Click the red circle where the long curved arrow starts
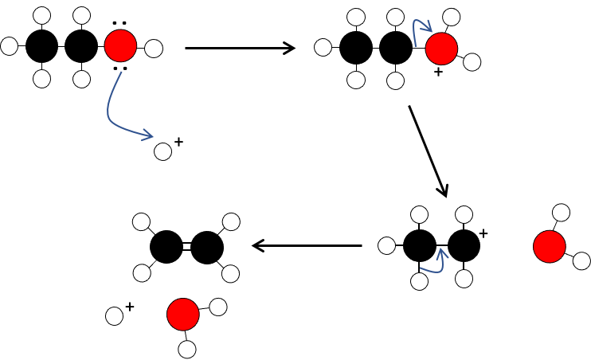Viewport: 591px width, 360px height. [120, 45]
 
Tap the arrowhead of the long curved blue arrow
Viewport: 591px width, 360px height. [148, 136]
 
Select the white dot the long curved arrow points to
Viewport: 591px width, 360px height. [162, 151]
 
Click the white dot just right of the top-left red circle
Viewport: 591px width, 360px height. [154, 49]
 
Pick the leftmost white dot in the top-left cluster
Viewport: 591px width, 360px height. [9, 46]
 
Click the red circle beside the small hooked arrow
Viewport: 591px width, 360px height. [441, 49]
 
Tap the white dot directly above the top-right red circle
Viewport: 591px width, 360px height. [451, 17]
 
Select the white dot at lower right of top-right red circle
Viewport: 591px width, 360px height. [472, 62]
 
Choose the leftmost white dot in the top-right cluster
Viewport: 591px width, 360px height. [323, 47]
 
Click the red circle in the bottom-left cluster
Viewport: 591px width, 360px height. [182, 314]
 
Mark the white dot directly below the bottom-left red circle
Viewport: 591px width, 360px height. [187, 349]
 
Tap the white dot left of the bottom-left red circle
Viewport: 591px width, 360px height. [114, 316]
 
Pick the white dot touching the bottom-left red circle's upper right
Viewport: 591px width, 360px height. [218, 307]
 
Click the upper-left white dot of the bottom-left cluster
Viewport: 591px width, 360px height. [141, 221]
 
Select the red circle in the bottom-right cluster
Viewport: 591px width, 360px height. [549, 246]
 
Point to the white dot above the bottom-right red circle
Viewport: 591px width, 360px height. [561, 212]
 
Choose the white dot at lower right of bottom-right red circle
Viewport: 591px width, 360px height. [581, 260]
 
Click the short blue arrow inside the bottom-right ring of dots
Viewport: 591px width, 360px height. [436, 263]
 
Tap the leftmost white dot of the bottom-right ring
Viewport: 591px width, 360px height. [386, 245]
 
